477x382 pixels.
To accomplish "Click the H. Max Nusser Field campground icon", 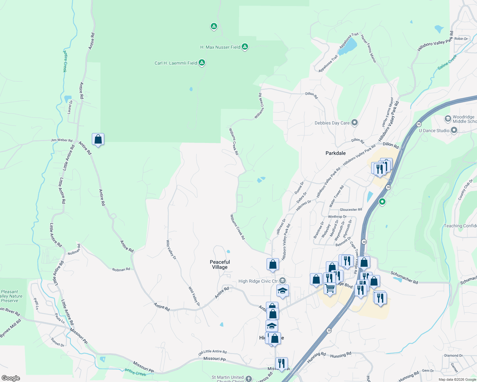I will [x=245, y=47].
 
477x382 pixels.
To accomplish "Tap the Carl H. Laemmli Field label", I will [x=176, y=63].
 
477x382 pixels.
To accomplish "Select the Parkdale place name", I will [x=335, y=153].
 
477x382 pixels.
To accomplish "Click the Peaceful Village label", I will [x=220, y=265].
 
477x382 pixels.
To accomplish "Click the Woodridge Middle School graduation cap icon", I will [x=448, y=119].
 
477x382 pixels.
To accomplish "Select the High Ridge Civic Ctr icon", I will [x=282, y=281].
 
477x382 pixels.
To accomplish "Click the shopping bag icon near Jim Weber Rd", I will [x=98, y=139].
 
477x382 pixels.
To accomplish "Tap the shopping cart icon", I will [x=330, y=288].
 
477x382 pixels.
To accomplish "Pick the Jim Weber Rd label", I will [x=62, y=140].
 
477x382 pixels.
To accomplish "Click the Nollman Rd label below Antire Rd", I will [x=121, y=269].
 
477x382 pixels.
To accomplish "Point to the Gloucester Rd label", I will [x=351, y=209].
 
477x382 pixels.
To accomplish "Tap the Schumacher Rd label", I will [x=404, y=278].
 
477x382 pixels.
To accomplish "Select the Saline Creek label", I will [x=447, y=62].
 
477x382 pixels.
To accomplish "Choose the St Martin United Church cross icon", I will [x=249, y=378].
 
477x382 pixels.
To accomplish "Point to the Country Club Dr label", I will [x=466, y=190].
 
